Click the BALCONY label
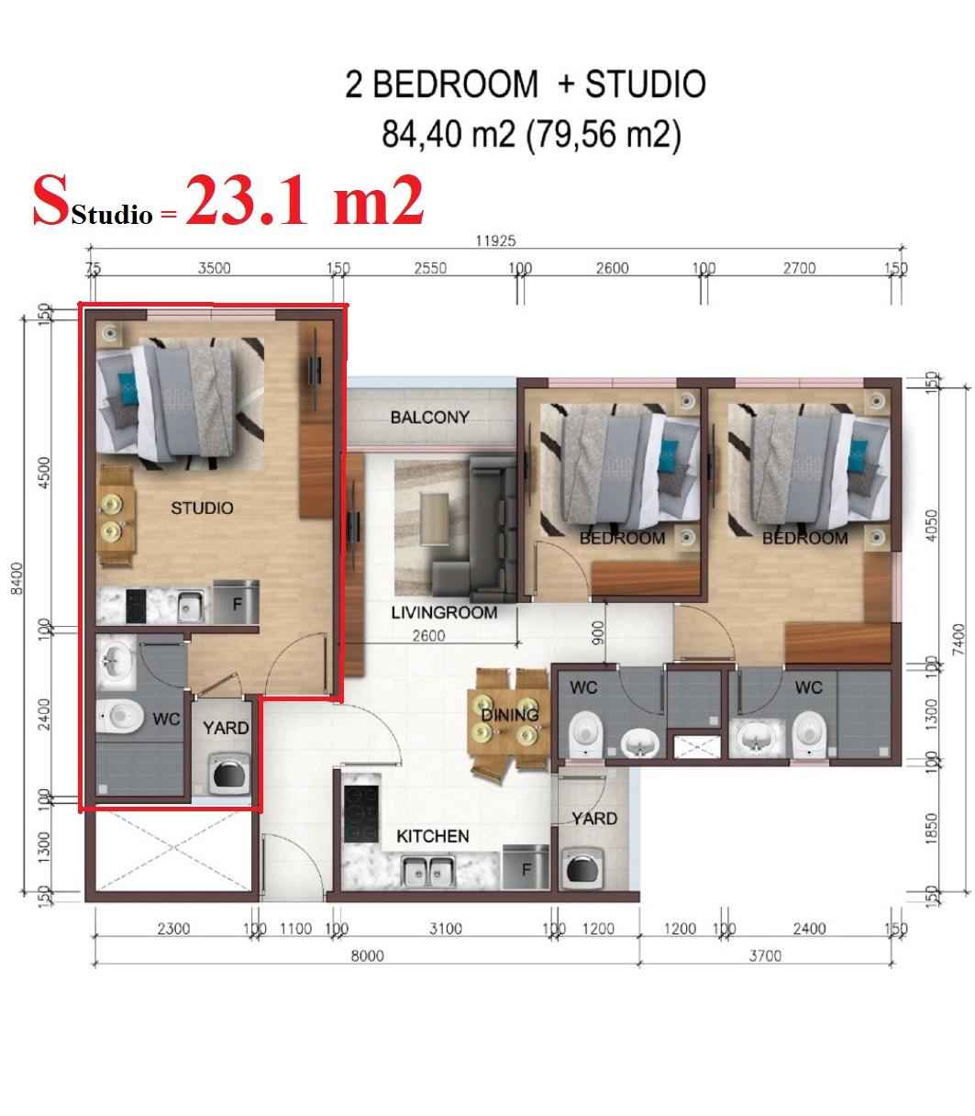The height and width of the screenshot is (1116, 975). pos(429,418)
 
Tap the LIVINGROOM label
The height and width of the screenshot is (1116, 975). pos(444,612)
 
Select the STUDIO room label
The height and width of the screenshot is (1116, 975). pos(202,508)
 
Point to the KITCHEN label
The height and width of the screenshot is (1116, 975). pos(432,836)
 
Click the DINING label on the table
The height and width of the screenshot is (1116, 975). pos(510,715)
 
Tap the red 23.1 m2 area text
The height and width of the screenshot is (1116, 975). pos(305,201)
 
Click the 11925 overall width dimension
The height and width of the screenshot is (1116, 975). pos(495,240)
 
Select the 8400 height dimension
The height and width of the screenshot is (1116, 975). pos(17,578)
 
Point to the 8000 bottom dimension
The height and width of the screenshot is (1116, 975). pos(367,955)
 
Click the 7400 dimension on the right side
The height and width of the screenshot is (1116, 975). pos(958,640)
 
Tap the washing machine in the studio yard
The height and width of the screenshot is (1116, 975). pos(229,774)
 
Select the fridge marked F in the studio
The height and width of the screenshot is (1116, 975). pos(236,602)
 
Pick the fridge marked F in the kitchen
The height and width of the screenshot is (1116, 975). pos(526,867)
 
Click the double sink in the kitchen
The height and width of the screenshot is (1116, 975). pos(428,871)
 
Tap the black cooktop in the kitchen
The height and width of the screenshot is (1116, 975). pos(361,814)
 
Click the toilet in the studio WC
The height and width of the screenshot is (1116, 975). pos(120,716)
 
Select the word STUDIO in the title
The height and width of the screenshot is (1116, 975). pos(646,84)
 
